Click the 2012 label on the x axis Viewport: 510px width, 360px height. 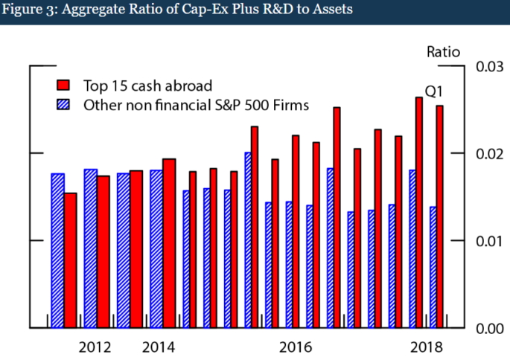(x=95, y=347)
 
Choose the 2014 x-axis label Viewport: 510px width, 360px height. (x=159, y=347)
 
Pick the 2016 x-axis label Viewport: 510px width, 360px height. (x=296, y=347)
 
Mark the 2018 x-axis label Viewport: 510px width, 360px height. (x=427, y=347)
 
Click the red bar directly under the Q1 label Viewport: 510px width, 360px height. (x=419, y=213)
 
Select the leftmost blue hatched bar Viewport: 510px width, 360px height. (x=57, y=251)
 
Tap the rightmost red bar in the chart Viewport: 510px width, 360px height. (x=440, y=216)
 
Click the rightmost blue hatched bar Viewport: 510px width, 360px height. (x=433, y=267)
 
